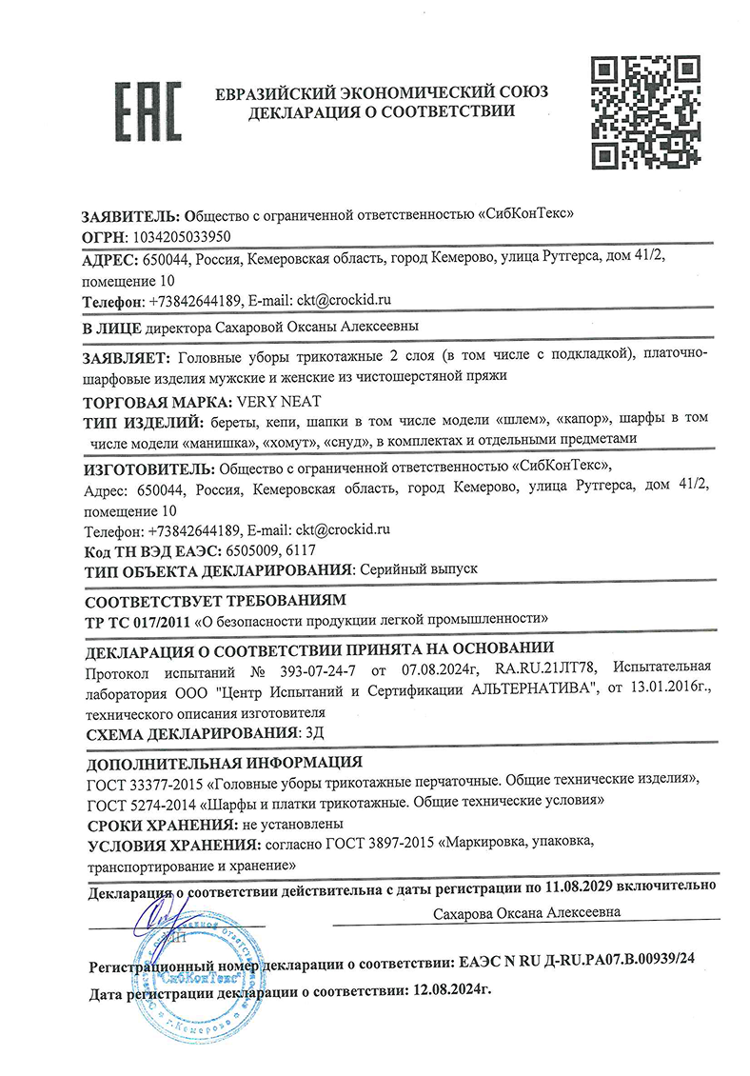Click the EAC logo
(148, 111)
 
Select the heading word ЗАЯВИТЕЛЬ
(130, 214)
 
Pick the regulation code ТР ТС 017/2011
(137, 620)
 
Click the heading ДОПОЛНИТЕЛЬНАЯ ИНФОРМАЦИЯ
(224, 762)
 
